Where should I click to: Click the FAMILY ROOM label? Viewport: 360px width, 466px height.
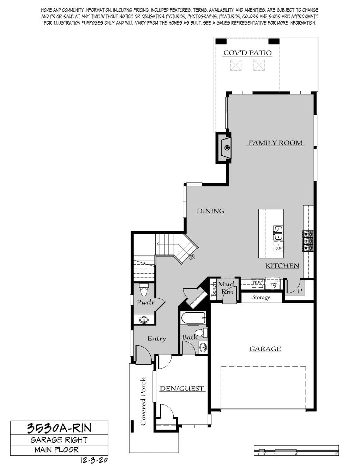point(275,143)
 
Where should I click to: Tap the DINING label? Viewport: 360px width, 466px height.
point(211,211)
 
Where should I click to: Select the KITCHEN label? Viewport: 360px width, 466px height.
point(282,266)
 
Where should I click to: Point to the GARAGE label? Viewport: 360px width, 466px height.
point(265,349)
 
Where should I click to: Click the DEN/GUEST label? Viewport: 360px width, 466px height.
point(182,389)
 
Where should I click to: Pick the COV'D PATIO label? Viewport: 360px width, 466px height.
point(248,53)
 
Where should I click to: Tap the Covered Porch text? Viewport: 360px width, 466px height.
point(143,401)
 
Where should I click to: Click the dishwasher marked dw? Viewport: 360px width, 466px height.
point(279,247)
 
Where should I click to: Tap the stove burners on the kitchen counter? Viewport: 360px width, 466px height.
point(308,241)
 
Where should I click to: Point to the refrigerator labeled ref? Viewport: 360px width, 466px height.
point(273,284)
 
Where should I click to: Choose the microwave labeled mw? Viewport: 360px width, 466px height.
point(257,282)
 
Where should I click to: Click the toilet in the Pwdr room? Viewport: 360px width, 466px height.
point(143,289)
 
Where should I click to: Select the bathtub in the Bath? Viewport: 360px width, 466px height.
point(193,318)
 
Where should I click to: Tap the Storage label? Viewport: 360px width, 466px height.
point(261,298)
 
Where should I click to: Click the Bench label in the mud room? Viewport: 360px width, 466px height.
point(214,289)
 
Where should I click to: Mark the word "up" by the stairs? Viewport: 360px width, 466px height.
point(192,257)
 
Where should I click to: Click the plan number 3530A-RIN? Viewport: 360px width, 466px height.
point(59,428)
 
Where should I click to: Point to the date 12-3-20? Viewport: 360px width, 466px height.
point(94,460)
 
